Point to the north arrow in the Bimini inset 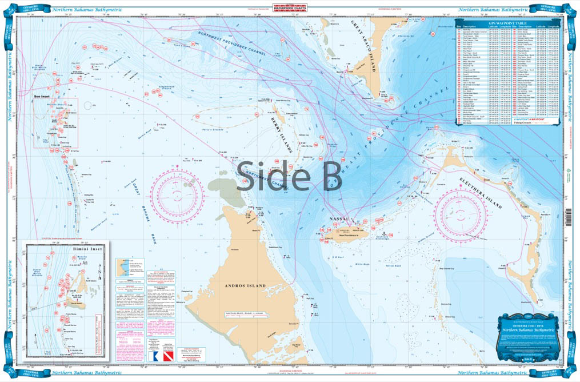[x=41, y=333]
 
